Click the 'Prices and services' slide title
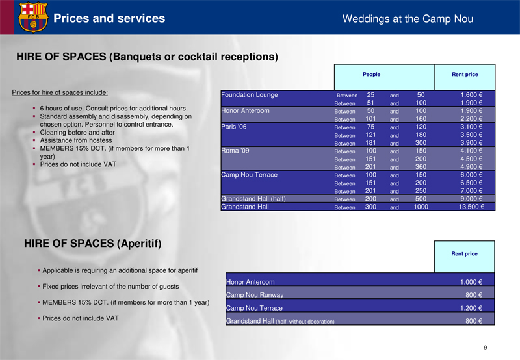[x=109, y=18]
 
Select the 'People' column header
[x=371, y=75]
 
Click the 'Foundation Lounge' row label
[x=250, y=95]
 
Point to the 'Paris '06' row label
[x=234, y=127]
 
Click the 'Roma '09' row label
[x=235, y=151]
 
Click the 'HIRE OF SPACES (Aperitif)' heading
[x=92, y=244]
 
